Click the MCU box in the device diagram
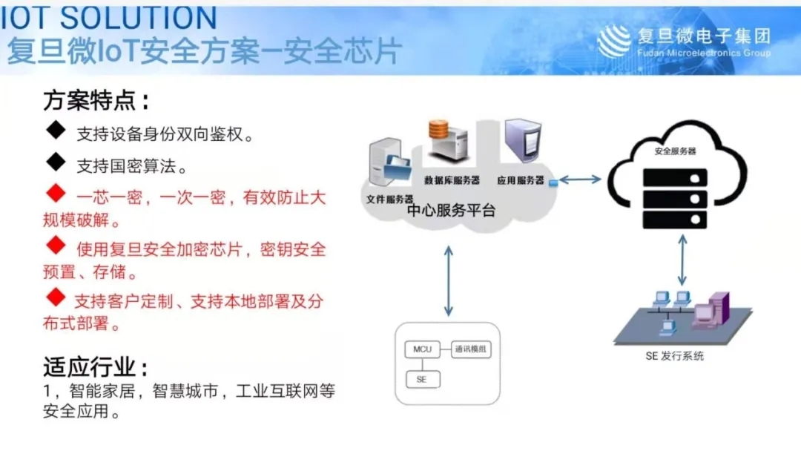422,349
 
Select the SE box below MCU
423,380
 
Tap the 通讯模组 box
471,349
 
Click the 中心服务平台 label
451,211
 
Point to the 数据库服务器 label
452,180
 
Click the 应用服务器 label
520,180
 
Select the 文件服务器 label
389,200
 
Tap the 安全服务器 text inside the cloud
675,151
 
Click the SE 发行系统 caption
674,356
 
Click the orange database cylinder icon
438,130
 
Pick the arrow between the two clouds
580,180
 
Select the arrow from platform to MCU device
449,281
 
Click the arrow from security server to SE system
682,260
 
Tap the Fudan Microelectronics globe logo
613,41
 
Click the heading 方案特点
96,101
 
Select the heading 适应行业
96,367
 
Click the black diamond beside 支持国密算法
56,162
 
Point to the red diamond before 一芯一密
56,193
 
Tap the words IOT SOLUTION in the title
109,18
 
